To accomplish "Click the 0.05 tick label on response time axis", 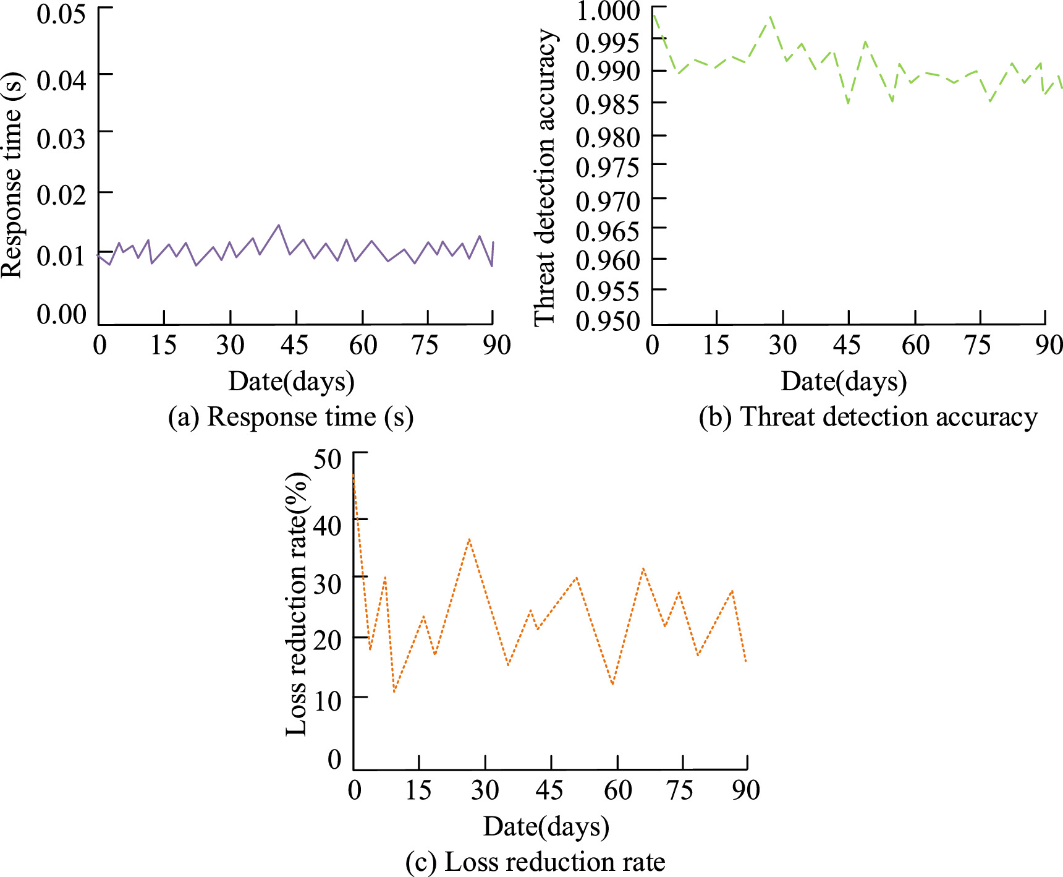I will pos(61,14).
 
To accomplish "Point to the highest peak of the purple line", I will pos(279,225).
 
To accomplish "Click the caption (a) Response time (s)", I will pos(290,417).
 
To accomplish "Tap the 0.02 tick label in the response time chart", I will pos(61,195).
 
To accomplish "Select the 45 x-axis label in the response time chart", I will pos(294,345).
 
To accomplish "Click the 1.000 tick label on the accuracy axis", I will pos(608,11).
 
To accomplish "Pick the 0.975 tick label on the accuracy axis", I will pos(608,167).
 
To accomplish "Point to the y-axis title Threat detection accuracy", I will pos(545,176).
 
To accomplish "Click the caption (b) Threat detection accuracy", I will pos(868,417).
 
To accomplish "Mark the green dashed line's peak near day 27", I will pos(771,17).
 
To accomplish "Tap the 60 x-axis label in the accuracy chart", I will pos(915,345).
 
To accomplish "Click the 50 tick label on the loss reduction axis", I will pos(327,459).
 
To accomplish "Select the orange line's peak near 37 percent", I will pos(470,539).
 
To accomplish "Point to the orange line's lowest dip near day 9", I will pos(394,691).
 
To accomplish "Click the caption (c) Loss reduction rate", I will pos(535,862).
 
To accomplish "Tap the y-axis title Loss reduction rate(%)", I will pos(297,604).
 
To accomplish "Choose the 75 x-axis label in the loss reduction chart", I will pos(680,790).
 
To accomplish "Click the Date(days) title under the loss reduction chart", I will pos(546,826).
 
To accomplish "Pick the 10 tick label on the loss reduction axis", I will pos(327,701).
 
